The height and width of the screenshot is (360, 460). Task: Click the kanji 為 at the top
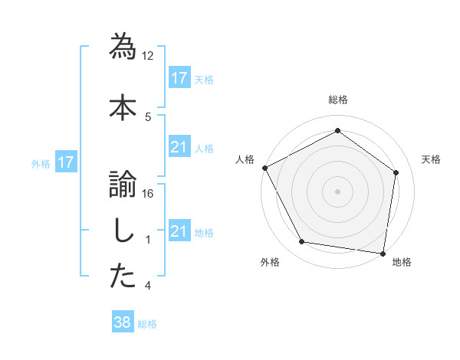click(123, 46)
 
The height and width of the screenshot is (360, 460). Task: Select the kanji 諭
click(123, 182)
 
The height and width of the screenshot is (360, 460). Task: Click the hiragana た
click(123, 277)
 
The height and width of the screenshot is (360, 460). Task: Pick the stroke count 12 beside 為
click(148, 56)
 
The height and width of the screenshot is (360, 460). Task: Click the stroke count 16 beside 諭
click(148, 194)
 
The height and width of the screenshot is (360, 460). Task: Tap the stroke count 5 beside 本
click(148, 116)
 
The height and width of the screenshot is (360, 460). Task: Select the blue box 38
click(122, 323)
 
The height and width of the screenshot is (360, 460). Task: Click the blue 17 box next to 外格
click(65, 162)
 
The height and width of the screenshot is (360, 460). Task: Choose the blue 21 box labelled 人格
click(179, 147)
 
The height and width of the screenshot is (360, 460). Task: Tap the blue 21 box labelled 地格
click(179, 231)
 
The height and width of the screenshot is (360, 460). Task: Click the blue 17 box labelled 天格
click(179, 78)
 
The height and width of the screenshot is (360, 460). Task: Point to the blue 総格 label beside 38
click(147, 324)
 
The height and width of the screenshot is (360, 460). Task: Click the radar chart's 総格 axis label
click(337, 100)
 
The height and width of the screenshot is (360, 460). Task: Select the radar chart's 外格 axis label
click(270, 262)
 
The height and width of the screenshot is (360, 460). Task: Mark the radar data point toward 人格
click(264, 168)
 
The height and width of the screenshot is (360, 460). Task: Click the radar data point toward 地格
click(383, 253)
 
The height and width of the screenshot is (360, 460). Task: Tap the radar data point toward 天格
click(396, 172)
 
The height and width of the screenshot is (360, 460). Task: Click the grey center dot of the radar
click(337, 191)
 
